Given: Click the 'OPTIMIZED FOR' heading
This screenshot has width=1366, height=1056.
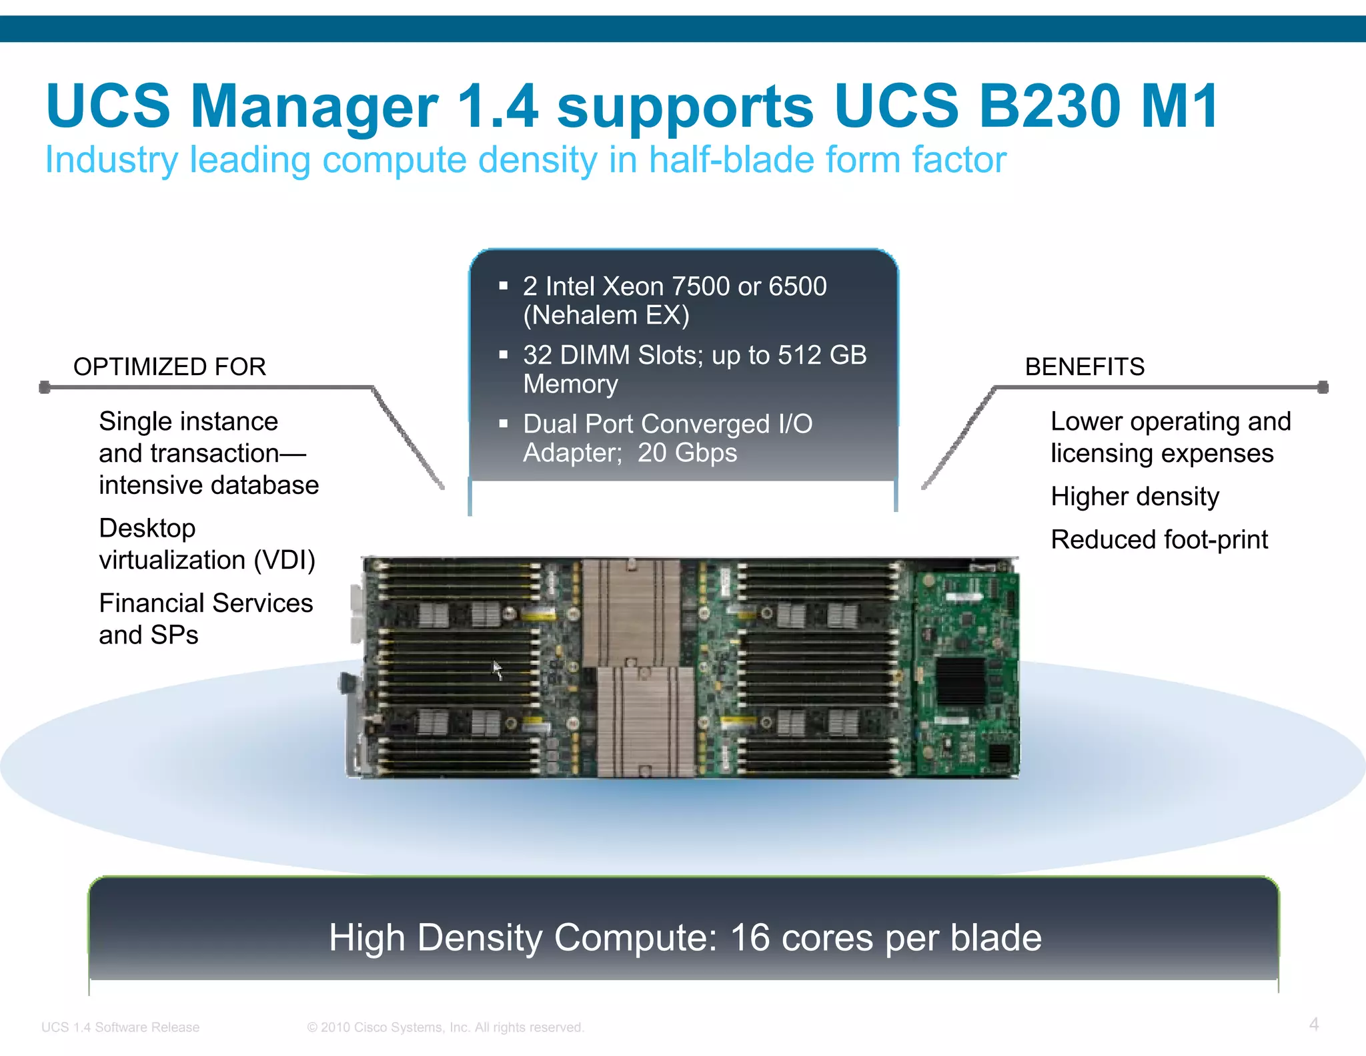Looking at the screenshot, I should pos(169,366).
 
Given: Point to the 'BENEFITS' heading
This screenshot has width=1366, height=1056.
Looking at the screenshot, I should pos(1085,366).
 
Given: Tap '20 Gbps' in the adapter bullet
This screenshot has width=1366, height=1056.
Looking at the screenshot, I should pos(687,453).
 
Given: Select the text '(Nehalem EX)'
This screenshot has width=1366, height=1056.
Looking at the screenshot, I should pos(606,315).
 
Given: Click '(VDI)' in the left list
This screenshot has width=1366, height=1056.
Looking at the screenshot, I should pos(284,559).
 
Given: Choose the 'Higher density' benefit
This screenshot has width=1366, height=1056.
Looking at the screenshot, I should pos(1135,497).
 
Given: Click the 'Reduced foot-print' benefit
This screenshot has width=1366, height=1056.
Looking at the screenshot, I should pos(1159,539).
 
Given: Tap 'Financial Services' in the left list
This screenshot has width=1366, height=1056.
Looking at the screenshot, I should pos(205,603).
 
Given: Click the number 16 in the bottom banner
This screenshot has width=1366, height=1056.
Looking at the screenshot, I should pos(751,937).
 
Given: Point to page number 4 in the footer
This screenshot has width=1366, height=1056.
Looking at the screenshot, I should pos(1313,1024).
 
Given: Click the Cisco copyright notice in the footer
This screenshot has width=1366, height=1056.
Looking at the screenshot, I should pos(445,1027).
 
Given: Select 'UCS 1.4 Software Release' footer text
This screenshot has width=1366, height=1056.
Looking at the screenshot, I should pos(120,1027).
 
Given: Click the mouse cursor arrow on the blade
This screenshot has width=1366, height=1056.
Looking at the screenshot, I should pos(498,670).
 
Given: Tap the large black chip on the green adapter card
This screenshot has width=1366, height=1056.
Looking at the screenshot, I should pos(960,681).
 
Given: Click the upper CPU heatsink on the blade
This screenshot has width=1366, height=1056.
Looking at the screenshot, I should pos(630,611).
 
